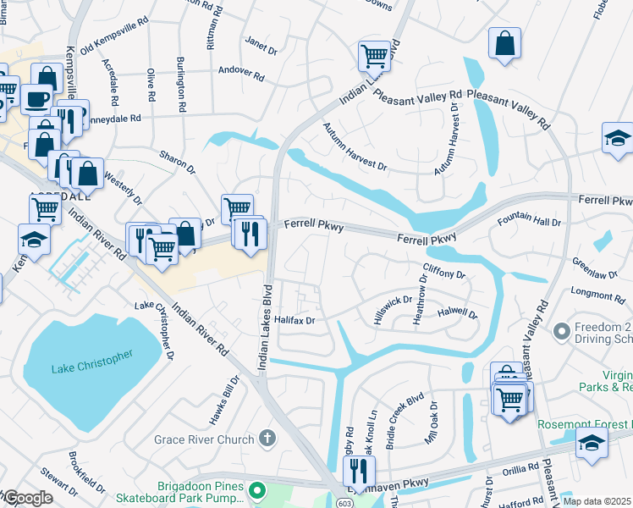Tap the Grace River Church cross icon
click(267, 439)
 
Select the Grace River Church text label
click(204, 439)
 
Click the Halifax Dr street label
click(294, 321)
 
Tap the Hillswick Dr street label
click(394, 311)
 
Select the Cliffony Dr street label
click(443, 273)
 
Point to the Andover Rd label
click(241, 74)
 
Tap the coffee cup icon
click(36, 98)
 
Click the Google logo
click(28, 498)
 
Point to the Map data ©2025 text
click(596, 502)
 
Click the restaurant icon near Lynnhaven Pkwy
click(362, 469)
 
